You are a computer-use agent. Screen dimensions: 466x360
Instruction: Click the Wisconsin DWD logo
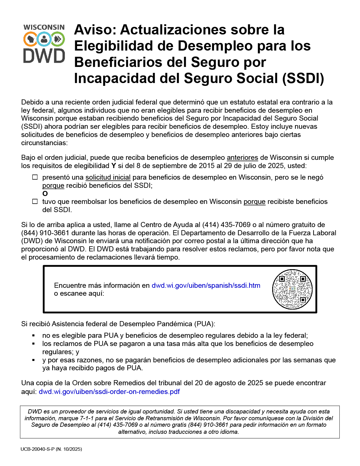[44, 44]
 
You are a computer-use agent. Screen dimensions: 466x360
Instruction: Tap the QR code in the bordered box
[292, 289]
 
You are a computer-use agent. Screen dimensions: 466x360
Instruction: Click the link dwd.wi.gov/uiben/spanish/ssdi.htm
[206, 286]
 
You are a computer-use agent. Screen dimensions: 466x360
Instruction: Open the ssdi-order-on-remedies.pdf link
[109, 391]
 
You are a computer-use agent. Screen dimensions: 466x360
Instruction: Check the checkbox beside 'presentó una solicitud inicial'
[35, 177]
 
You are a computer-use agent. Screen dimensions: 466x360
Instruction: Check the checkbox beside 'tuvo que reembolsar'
[35, 202]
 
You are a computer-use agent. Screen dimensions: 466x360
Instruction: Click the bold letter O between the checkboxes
[45, 194]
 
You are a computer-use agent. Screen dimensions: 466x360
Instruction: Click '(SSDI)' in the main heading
[303, 78]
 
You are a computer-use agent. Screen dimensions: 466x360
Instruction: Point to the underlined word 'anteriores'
[242, 158]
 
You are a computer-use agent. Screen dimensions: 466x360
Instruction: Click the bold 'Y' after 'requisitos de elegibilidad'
[114, 166]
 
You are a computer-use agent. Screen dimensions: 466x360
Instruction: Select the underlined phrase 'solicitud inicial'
[108, 177]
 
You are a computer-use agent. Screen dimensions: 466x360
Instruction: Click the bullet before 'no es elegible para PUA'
[34, 336]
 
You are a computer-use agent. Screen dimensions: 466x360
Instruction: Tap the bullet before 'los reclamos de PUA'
[34, 344]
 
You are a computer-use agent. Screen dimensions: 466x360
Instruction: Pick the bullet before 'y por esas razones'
[34, 360]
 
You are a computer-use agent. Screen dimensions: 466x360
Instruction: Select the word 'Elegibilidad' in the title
[113, 46]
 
